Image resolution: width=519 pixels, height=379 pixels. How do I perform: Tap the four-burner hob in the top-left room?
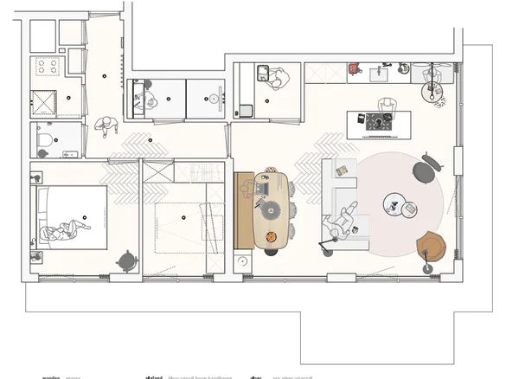pyautogui.click(x=44, y=67)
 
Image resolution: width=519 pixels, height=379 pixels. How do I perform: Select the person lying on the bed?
pyautogui.click(x=64, y=230)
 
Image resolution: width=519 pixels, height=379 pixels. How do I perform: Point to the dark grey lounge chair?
pyautogui.click(x=425, y=169)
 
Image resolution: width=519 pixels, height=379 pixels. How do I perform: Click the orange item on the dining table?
pyautogui.click(x=271, y=236)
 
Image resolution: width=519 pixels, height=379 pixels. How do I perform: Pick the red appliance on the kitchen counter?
pyautogui.click(x=353, y=68)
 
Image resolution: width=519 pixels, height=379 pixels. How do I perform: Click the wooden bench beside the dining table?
pyautogui.click(x=244, y=210)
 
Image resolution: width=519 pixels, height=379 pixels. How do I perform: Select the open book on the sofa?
pyautogui.click(x=342, y=170)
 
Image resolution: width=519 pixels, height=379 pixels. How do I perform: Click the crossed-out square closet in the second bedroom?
pyautogui.click(x=156, y=170)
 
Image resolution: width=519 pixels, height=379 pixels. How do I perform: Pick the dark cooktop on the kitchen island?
pyautogui.click(x=378, y=123)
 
